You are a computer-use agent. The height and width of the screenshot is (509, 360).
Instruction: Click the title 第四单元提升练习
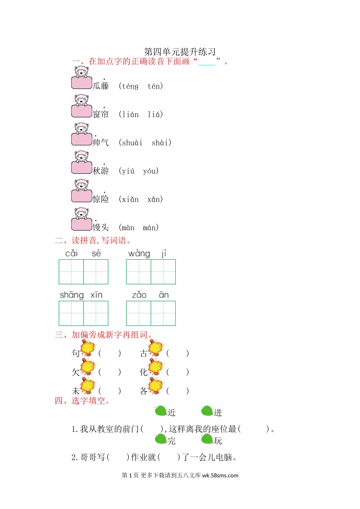coord(180,52)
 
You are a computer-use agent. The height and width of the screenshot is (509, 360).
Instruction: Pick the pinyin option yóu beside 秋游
coord(150,171)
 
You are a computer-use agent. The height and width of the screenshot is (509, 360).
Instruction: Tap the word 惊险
coord(101,199)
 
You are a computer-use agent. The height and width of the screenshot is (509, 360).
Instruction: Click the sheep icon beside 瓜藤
coord(81,78)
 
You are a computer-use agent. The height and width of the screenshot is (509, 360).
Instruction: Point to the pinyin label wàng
coord(139,253)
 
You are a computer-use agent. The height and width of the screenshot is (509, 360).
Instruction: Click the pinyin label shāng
coord(72,295)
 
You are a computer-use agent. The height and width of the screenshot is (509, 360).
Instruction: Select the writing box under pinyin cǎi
coord(71,272)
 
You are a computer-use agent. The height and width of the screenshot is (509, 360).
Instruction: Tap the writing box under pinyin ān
coord(163,313)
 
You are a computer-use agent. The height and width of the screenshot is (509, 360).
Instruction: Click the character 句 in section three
coord(76,353)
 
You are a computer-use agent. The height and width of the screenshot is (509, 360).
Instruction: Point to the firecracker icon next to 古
coord(155,348)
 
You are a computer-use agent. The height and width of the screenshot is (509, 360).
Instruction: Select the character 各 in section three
coord(144,391)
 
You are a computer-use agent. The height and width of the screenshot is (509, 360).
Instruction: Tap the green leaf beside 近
coord(161,411)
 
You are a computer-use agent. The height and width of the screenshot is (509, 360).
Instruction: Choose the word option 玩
coord(218,441)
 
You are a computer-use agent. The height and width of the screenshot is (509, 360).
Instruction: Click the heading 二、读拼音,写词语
coord(93,240)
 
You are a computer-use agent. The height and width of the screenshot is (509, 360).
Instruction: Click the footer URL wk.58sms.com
coord(220,476)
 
